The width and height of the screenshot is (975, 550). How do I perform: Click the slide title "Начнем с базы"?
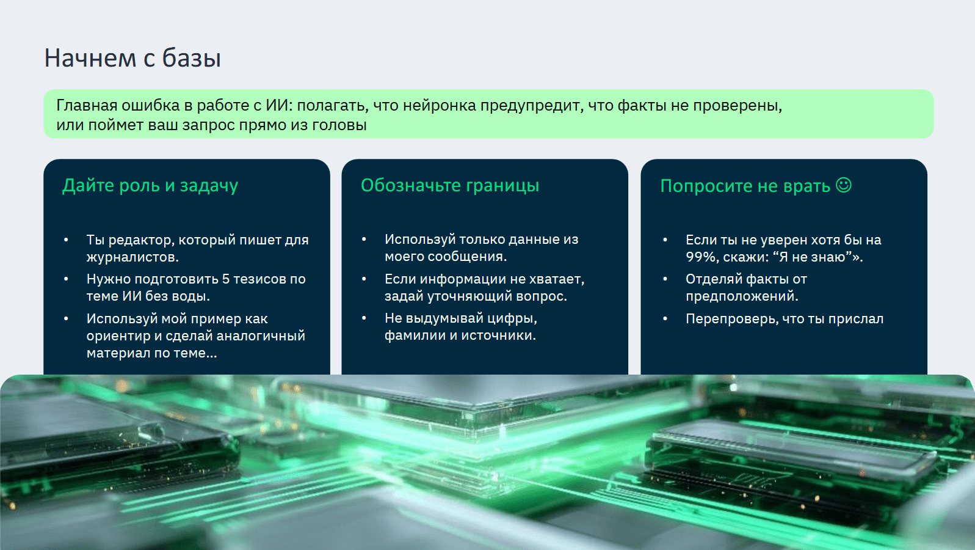click(x=132, y=59)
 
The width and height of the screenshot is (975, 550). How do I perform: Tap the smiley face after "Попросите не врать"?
click(x=844, y=185)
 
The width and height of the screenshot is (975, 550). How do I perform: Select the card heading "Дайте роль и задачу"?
click(x=150, y=186)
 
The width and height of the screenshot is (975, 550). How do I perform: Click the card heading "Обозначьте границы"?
click(x=449, y=186)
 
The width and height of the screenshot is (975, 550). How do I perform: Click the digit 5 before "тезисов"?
click(x=225, y=279)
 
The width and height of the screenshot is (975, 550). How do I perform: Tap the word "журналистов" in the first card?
click(x=132, y=257)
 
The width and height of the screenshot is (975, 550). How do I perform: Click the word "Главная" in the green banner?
click(x=87, y=106)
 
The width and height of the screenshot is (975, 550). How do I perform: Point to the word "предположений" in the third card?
click(x=742, y=296)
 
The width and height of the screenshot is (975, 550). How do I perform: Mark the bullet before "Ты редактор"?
click(x=66, y=240)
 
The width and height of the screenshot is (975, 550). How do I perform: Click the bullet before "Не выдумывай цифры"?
click(x=364, y=318)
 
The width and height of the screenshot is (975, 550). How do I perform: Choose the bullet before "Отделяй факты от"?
click(x=665, y=279)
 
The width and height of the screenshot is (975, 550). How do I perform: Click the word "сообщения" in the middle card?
click(x=467, y=257)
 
